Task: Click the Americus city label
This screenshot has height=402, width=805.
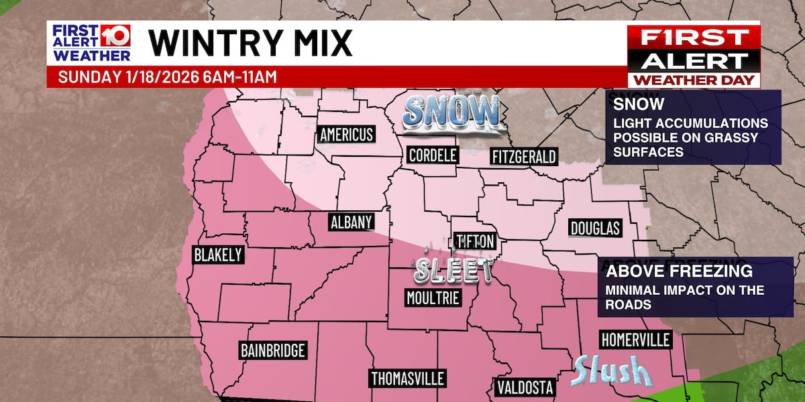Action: [346, 134]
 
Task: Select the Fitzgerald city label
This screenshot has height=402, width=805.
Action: [524, 157]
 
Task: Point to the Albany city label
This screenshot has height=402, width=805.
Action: [351, 222]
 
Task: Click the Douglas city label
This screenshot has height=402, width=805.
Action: [594, 228]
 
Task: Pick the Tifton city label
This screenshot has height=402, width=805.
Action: [475, 241]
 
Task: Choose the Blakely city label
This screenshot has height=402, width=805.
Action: [217, 255]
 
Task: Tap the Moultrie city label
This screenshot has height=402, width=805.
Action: [433, 297]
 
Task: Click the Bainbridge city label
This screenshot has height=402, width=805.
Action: [273, 350]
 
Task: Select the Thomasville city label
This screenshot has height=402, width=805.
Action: [408, 379]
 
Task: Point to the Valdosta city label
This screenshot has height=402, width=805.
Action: [525, 387]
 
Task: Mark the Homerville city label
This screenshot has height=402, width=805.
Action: [635, 340]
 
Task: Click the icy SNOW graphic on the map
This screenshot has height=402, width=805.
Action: [451, 113]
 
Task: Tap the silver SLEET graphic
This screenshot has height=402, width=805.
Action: [453, 269]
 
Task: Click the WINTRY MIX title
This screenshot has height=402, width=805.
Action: [250, 44]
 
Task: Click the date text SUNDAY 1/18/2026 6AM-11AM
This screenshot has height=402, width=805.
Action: [167, 76]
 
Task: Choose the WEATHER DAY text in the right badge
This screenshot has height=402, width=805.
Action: [694, 81]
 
